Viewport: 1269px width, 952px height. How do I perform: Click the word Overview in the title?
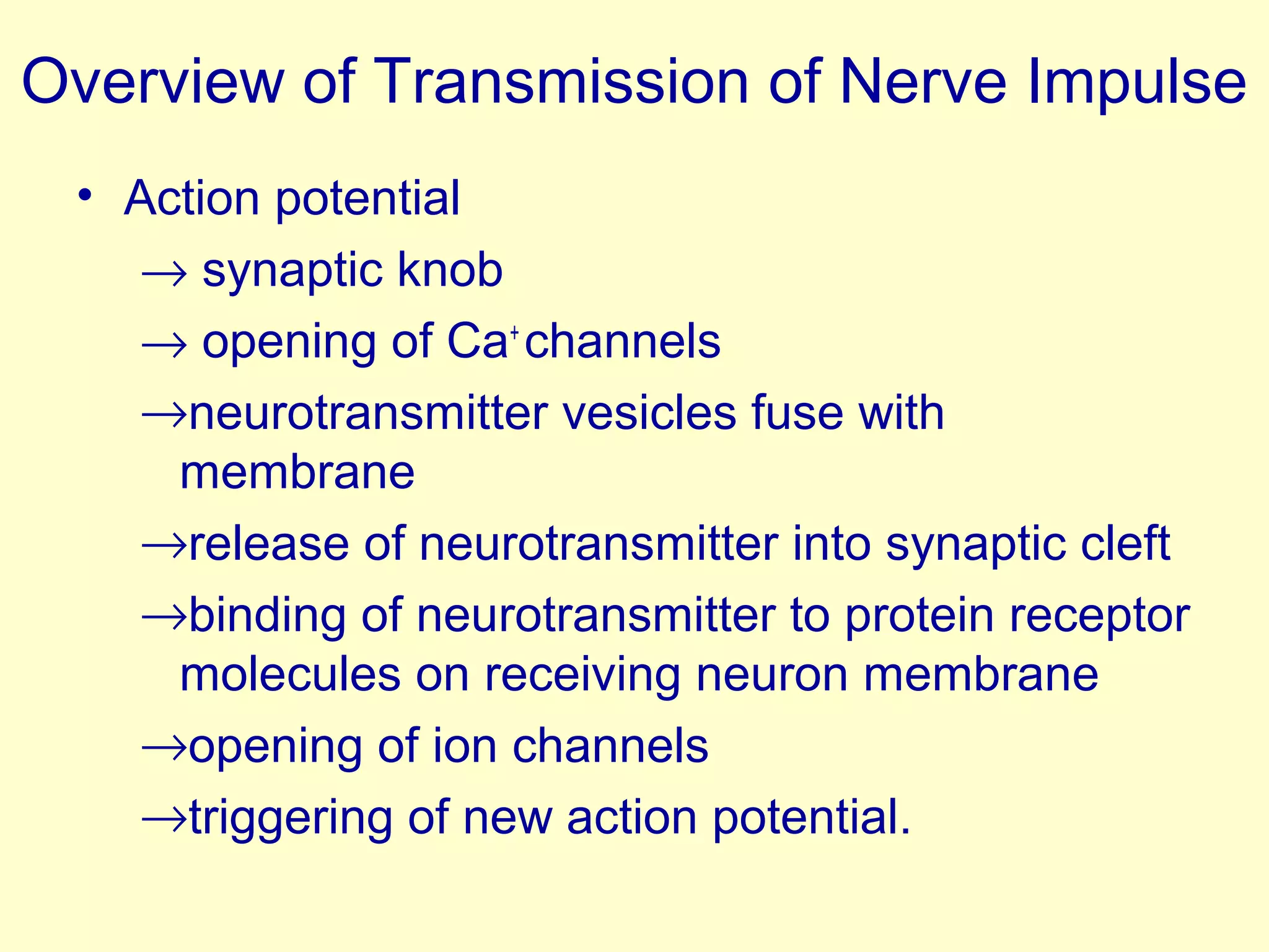[152, 82]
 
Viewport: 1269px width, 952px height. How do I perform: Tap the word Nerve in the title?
[923, 82]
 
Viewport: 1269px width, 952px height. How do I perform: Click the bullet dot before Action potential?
[85, 196]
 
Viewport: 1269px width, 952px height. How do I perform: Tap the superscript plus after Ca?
[514, 333]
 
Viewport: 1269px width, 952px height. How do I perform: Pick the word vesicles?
[649, 413]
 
